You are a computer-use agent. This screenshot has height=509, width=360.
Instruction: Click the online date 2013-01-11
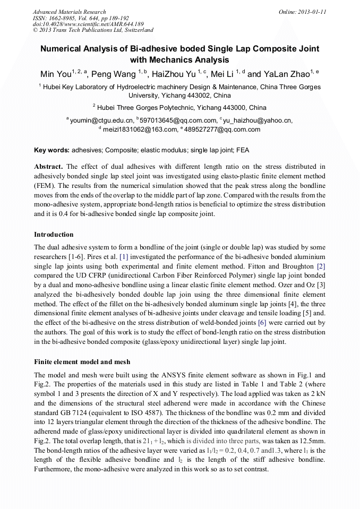click(310, 12)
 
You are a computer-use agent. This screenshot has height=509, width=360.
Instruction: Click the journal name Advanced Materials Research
click(69, 12)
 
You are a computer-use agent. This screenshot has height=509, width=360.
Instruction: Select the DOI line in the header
click(88, 24)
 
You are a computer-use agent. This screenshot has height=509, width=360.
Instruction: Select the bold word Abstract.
click(49, 166)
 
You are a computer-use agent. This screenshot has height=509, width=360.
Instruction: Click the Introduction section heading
click(54, 235)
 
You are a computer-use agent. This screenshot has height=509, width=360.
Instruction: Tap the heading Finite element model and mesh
click(82, 362)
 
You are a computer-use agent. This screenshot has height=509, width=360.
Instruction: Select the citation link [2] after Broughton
click(321, 265)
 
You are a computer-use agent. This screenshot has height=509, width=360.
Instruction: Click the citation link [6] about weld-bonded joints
click(262, 323)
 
